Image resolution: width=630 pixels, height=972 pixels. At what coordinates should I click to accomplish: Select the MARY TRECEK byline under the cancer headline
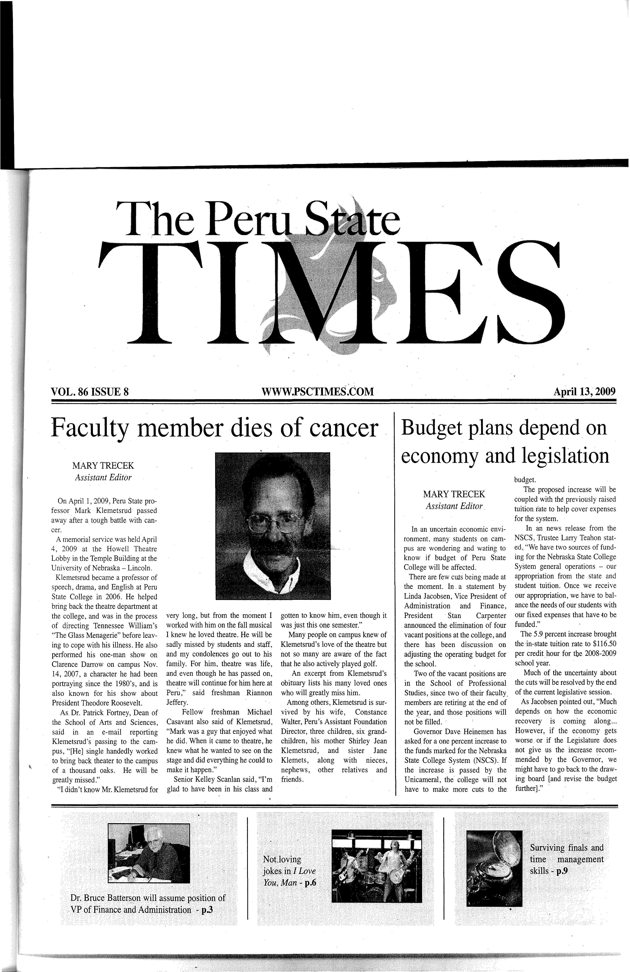click(103, 466)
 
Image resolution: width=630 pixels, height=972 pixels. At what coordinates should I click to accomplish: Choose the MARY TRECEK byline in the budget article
click(454, 494)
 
